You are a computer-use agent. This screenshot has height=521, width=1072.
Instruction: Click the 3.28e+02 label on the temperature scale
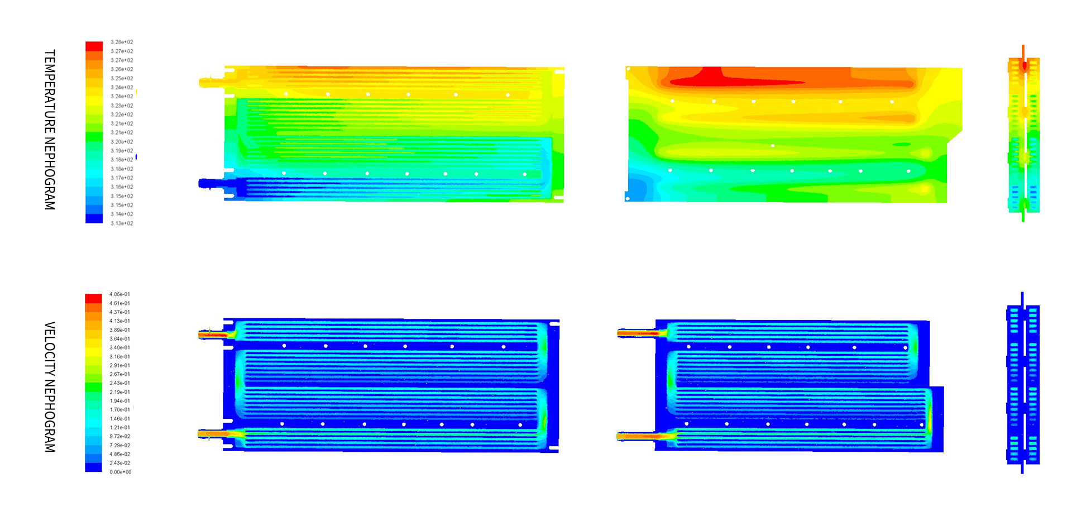(x=122, y=42)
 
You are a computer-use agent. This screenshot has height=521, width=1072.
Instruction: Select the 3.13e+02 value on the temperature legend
(x=122, y=223)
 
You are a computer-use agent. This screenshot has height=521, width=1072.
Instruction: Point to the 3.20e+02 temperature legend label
(x=122, y=142)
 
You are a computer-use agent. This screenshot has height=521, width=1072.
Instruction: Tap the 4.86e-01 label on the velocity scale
(x=120, y=294)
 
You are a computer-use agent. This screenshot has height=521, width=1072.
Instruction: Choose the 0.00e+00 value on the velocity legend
(x=120, y=472)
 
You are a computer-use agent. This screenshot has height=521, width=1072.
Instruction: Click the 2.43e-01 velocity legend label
(x=120, y=383)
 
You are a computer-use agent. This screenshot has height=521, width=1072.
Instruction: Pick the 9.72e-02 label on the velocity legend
(x=120, y=436)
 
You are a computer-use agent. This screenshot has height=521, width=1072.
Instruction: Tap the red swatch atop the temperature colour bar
(x=94, y=46)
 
